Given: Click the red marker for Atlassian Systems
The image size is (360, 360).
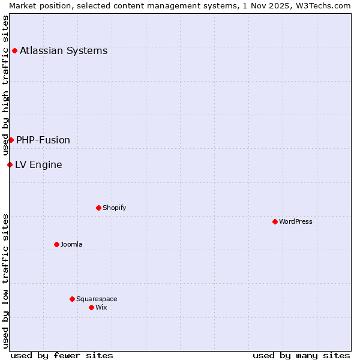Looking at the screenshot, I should [14, 50].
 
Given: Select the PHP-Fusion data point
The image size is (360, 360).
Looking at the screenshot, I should [11, 140].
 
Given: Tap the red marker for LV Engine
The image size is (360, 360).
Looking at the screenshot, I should [10, 164].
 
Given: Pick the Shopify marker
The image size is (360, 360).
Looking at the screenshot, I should [98, 208].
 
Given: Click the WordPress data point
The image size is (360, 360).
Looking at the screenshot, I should [275, 221].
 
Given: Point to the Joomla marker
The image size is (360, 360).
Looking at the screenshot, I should [56, 244].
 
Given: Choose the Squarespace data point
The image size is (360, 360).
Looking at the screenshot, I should [72, 299].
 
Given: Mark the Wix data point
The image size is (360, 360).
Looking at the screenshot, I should [91, 307].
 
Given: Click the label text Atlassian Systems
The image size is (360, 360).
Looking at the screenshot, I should [64, 50].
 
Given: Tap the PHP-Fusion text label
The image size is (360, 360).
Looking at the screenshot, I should [43, 140].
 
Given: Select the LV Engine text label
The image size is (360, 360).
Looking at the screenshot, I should [38, 164].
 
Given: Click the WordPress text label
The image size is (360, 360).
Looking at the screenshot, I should [296, 221].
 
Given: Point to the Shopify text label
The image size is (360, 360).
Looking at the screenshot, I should [114, 208].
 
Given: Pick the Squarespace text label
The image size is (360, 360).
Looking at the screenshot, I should [97, 299].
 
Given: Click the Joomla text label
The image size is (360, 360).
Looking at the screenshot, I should [71, 244].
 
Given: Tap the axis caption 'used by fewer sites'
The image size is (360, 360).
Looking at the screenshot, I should [62, 355].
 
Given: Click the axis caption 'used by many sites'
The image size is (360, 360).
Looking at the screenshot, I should [301, 355].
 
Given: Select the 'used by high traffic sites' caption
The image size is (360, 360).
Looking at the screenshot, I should [5, 85].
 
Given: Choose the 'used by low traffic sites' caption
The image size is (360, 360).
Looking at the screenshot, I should [5, 280].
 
